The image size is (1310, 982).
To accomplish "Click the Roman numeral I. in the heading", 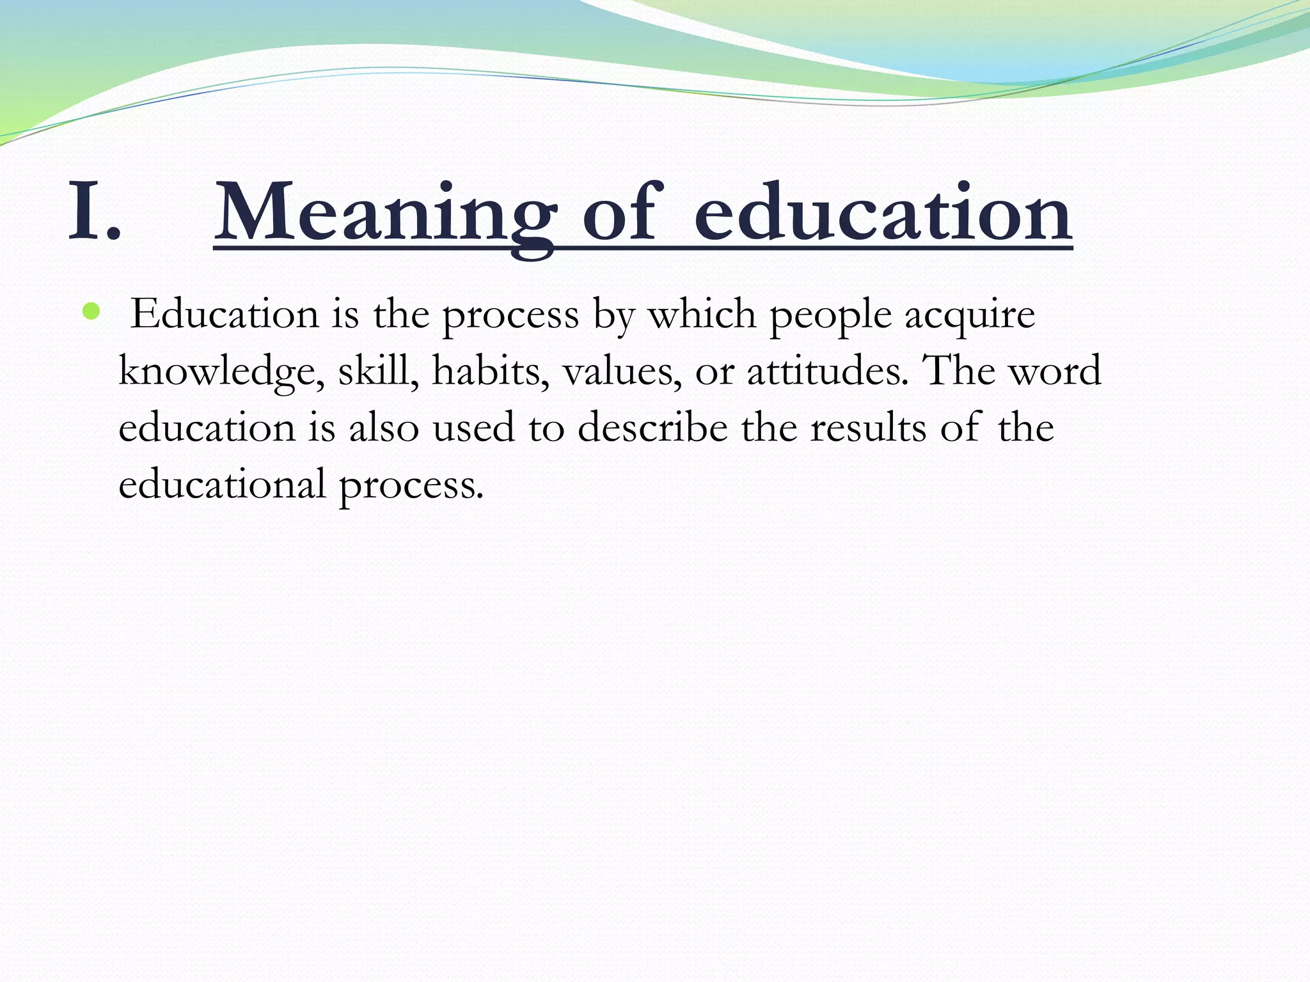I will coord(93,212).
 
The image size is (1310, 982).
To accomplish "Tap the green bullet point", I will coord(91,312).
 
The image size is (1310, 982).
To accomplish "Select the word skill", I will coord(378,370).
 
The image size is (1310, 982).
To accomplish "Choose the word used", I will coord(474,427).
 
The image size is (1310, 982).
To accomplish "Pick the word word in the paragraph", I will coord(1055,370).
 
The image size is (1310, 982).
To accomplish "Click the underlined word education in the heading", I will coord(883,212).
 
